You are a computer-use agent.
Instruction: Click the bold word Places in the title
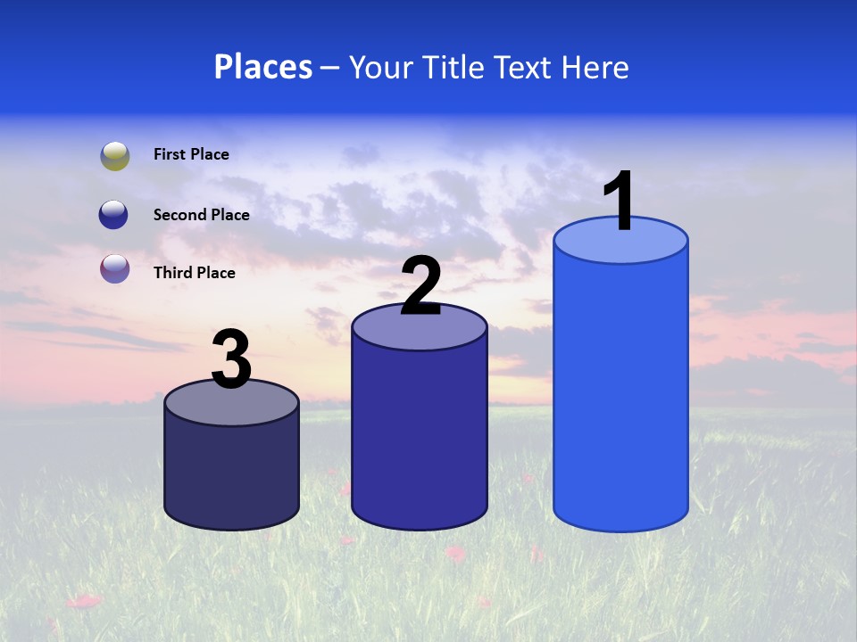pyautogui.click(x=263, y=67)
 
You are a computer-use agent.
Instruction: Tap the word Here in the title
pyautogui.click(x=599, y=67)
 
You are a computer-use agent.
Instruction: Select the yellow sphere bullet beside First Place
pyautogui.click(x=115, y=155)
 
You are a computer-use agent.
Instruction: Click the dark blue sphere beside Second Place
pyautogui.click(x=113, y=215)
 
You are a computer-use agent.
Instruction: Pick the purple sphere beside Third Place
pyautogui.click(x=114, y=268)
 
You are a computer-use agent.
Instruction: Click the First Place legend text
pyautogui.click(x=191, y=154)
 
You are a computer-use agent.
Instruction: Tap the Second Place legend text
pyautogui.click(x=201, y=215)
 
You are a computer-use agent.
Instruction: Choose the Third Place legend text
pyautogui.click(x=194, y=273)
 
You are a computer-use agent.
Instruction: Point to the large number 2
pyautogui.click(x=420, y=286)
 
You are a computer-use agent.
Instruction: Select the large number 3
pyautogui.click(x=232, y=360)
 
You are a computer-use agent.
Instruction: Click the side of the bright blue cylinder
pyautogui.click(x=620, y=392)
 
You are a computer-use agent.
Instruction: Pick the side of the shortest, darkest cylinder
pyautogui.click(x=231, y=473)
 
